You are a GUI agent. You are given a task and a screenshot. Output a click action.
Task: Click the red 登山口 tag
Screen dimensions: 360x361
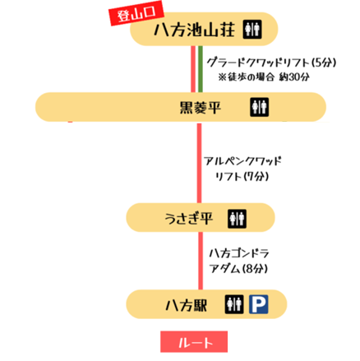tap(136, 14)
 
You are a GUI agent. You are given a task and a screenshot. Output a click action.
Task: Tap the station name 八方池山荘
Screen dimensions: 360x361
tap(195, 30)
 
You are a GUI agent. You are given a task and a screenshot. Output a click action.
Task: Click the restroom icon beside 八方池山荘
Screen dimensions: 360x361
tap(252, 29)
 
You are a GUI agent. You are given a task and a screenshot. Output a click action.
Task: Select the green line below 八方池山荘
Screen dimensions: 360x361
tap(201, 69)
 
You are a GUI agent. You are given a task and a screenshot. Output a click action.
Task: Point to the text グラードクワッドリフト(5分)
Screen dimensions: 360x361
tap(271, 62)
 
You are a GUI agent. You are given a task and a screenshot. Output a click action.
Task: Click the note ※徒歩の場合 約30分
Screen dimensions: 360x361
tap(264, 77)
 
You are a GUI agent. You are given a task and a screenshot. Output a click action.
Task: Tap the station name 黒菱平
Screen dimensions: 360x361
tap(200, 108)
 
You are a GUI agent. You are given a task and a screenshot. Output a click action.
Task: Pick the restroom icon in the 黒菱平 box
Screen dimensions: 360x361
tap(259, 107)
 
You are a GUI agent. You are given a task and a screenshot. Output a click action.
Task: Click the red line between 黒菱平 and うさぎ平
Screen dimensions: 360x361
tap(199, 163)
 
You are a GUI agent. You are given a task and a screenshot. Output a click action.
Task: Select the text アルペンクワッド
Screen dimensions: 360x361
tap(242, 161)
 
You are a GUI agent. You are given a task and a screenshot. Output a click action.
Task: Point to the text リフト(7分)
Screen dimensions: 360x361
tap(242, 176)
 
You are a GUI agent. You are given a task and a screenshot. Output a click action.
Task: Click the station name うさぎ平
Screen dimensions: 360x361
tap(188, 219)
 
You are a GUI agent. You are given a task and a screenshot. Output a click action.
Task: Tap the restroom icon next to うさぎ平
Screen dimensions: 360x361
tap(237, 219)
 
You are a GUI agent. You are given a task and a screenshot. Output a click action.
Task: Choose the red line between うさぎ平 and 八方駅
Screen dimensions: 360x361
tap(201, 261)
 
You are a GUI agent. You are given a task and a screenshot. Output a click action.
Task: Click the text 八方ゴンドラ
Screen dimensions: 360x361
tap(239, 253)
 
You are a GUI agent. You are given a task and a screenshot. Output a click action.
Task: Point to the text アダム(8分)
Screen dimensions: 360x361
tap(238, 269)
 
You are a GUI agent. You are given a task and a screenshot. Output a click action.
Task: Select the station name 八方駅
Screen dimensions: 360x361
tap(187, 305)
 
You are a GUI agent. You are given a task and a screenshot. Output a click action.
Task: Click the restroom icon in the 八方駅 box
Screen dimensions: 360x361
tap(234, 304)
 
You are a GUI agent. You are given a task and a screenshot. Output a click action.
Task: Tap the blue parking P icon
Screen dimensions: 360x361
tap(258, 304)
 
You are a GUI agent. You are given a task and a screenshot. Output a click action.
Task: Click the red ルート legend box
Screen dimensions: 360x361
tap(194, 341)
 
